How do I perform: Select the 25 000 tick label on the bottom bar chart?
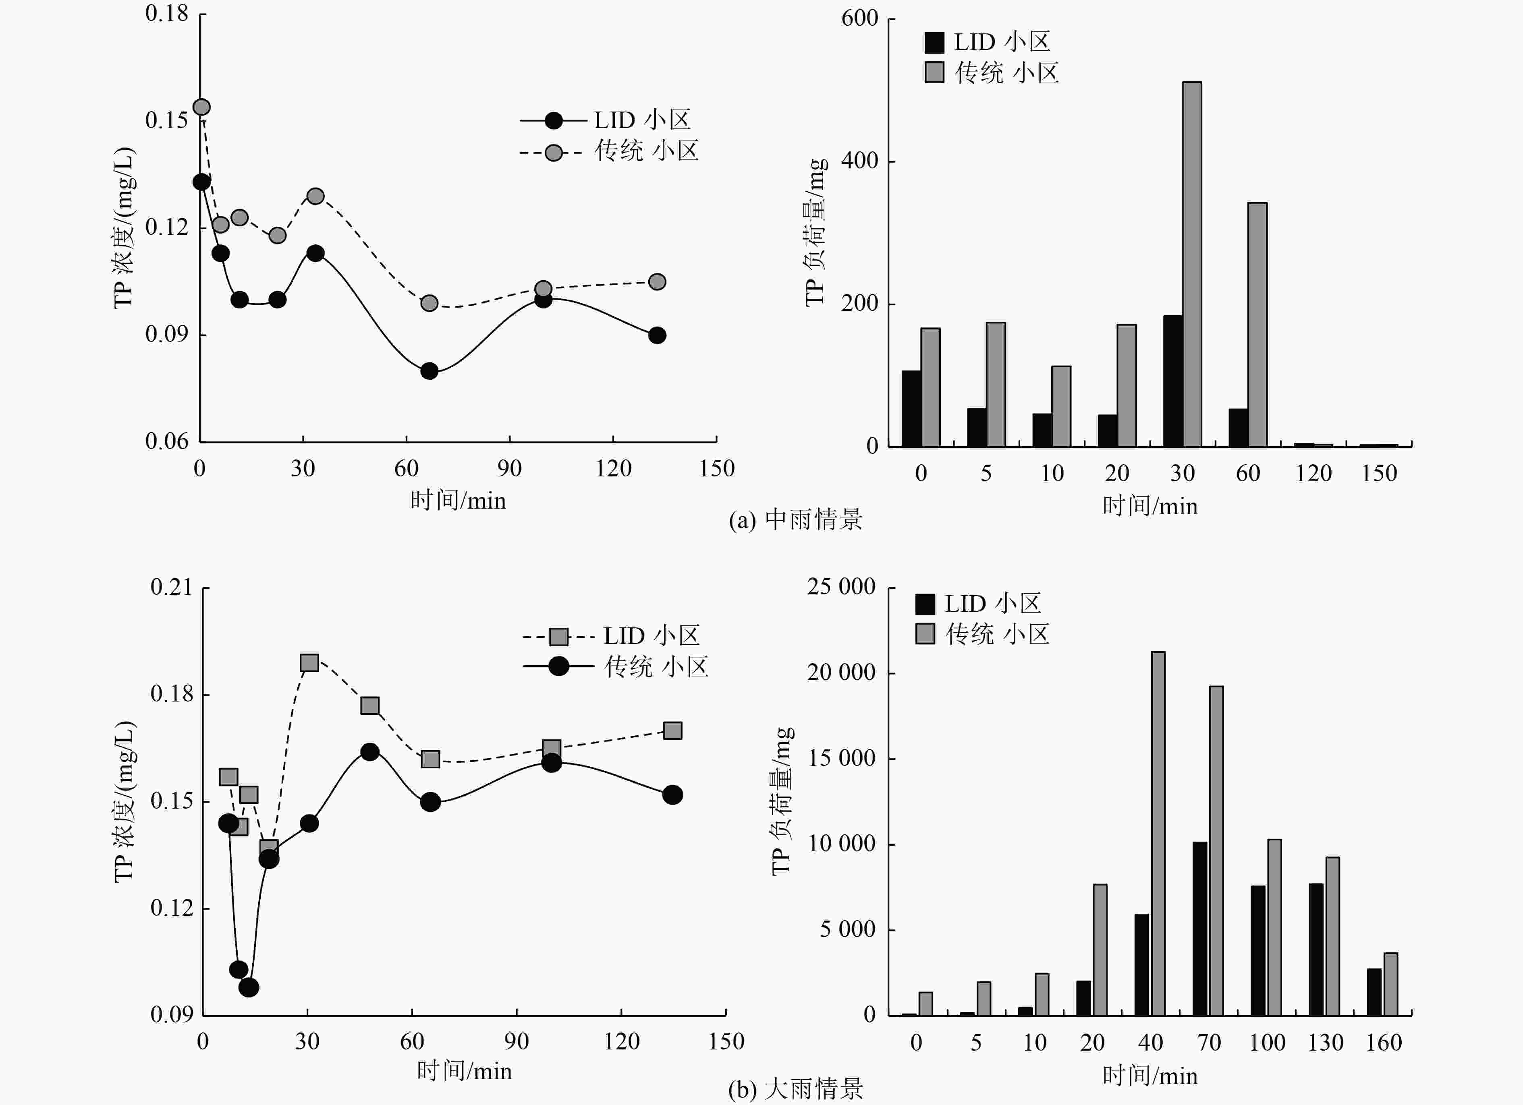841,587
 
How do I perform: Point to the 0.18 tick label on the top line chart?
166,13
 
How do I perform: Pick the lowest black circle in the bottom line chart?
249,987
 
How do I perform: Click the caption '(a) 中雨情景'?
796,519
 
